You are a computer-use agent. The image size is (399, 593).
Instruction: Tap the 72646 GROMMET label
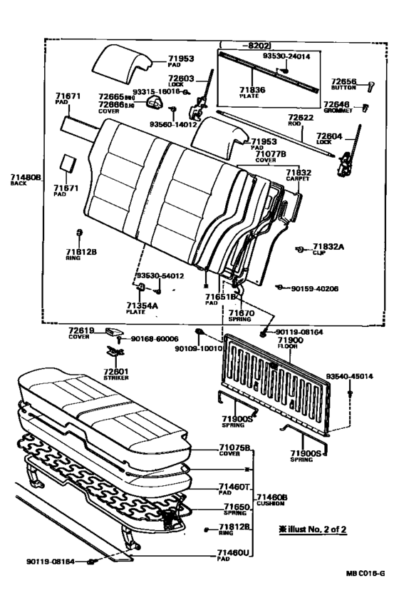[x=338, y=107]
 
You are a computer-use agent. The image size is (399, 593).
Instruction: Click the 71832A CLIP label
[x=328, y=248]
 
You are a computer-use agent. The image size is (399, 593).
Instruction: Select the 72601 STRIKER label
[x=115, y=374]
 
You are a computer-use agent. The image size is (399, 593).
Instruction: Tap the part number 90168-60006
[x=154, y=339]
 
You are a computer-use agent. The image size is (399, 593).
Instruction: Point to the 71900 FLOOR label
[x=289, y=344]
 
